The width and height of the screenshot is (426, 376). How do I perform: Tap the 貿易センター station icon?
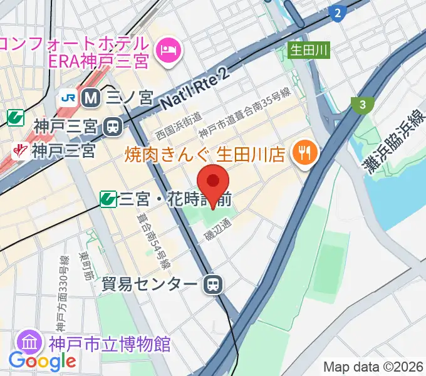214,285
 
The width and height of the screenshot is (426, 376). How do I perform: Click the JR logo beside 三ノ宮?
68,98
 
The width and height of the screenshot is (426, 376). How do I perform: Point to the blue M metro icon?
91,98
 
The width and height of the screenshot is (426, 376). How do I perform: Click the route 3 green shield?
362,105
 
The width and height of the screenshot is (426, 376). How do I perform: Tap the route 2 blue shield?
338,13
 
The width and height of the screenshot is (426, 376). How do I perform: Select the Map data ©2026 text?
373,367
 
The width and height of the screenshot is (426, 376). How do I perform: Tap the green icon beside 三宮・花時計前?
108,199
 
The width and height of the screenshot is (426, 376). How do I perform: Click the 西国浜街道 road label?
179,125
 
